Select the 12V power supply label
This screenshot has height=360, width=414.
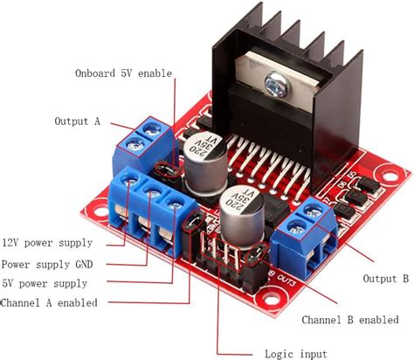pos(47,242)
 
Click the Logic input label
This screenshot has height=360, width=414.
pos(296,354)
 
